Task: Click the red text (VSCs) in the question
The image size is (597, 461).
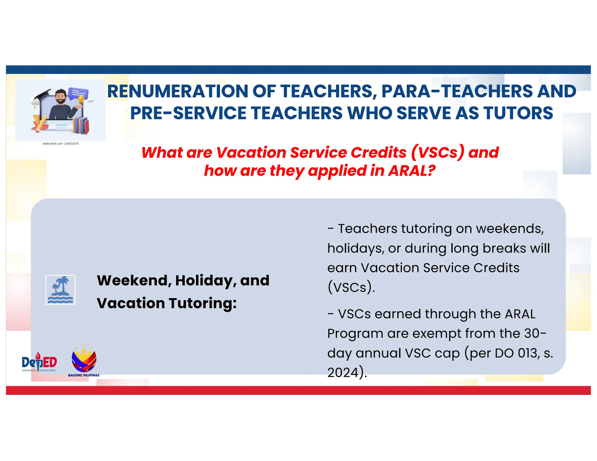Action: point(438,152)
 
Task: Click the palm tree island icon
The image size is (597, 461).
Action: point(60,290)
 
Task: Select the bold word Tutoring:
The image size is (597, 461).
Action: point(203,303)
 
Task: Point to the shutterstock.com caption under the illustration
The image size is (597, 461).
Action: point(60,144)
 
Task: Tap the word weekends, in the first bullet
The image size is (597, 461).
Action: point(510,229)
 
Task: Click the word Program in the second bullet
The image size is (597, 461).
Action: point(355,334)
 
